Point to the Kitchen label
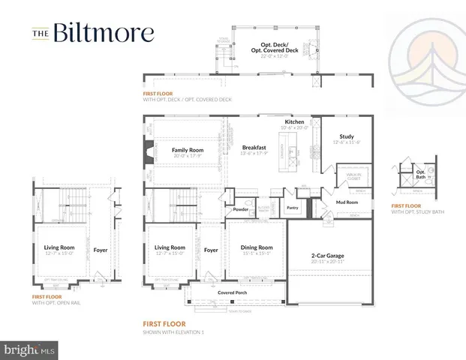tap(293, 121)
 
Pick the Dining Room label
tap(256, 247)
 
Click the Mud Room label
tap(347, 202)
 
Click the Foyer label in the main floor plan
tap(211, 250)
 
